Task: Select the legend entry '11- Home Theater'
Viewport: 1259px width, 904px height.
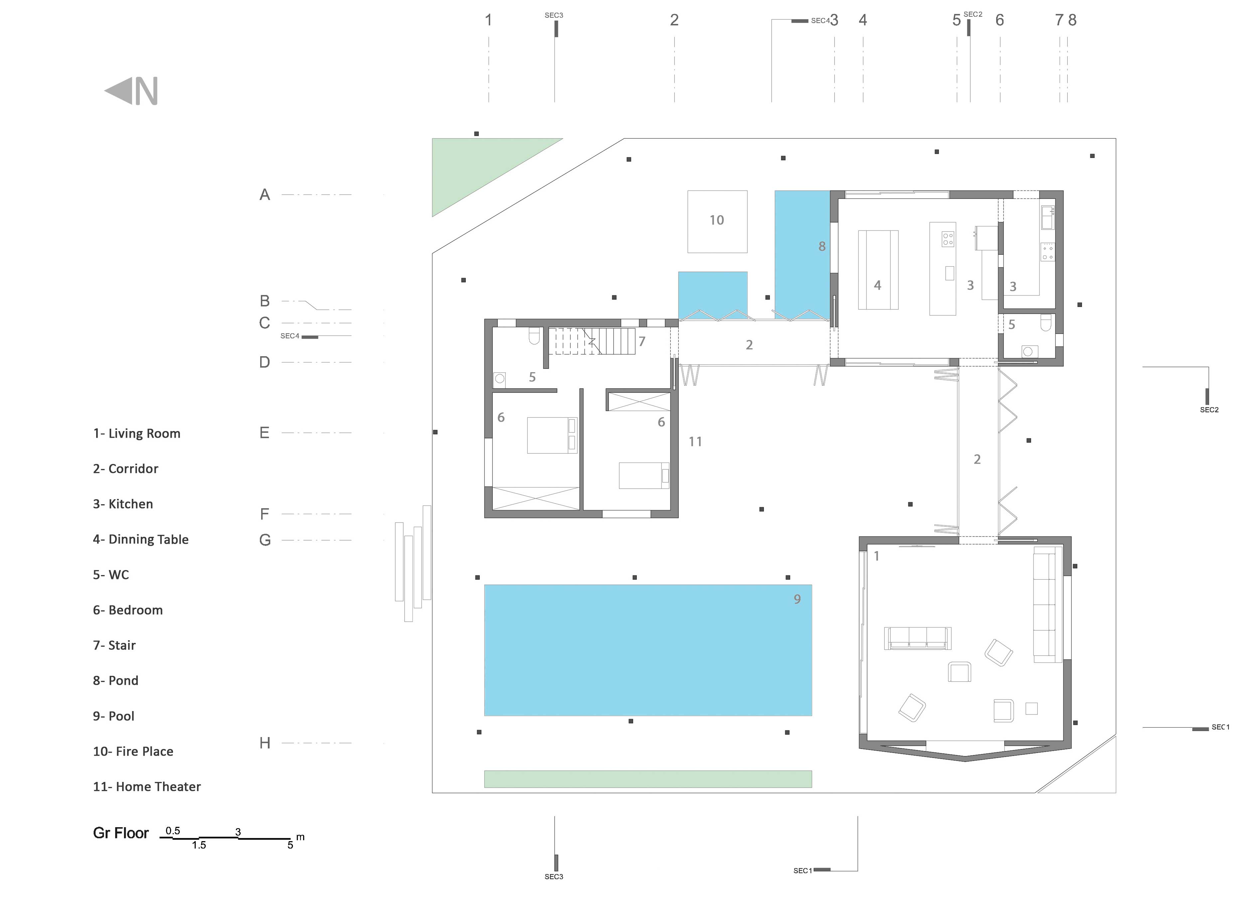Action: click(146, 786)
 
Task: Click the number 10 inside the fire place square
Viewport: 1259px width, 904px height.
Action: click(717, 220)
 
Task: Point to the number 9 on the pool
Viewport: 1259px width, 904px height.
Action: click(797, 599)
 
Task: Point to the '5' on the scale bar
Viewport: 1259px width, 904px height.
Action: click(290, 845)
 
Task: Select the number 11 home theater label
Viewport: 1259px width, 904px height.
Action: click(695, 442)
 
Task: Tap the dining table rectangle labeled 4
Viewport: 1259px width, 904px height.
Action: click(878, 270)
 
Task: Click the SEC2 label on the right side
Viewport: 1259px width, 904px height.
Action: click(1209, 410)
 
